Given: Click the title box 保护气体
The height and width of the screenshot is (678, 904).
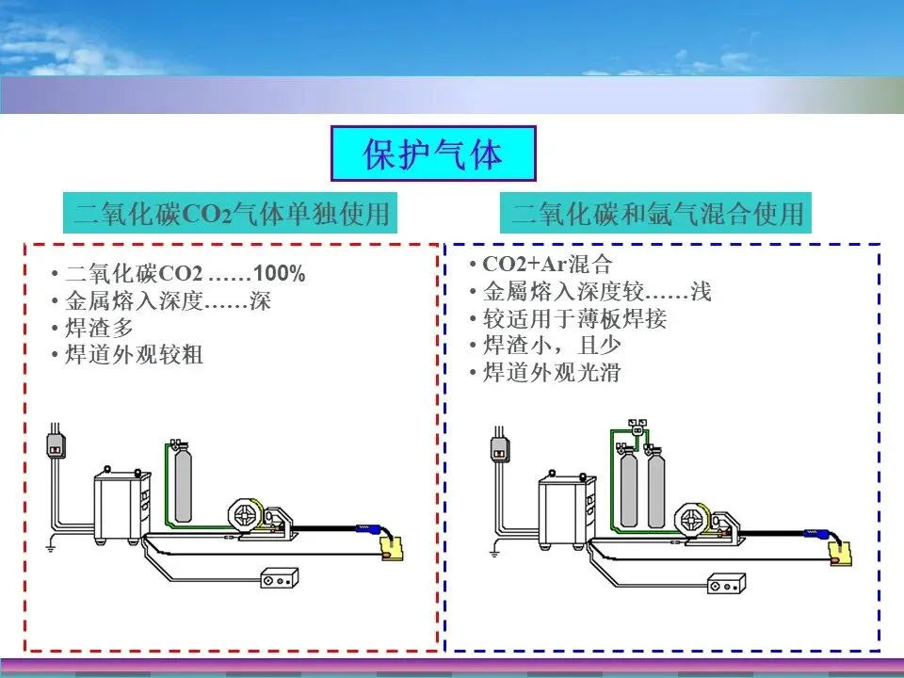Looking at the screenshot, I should [x=433, y=154].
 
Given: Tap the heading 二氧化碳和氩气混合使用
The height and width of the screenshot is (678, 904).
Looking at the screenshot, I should [x=657, y=214].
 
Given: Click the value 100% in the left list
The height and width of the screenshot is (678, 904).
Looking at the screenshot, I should [x=280, y=274].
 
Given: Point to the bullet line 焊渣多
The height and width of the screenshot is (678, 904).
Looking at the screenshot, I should [x=99, y=328].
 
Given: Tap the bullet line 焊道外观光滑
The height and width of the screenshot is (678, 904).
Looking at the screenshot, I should [x=552, y=373].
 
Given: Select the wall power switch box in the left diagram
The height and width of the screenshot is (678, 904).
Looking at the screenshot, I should [x=56, y=443].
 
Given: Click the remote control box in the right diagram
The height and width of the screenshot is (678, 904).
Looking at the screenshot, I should [x=726, y=586].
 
